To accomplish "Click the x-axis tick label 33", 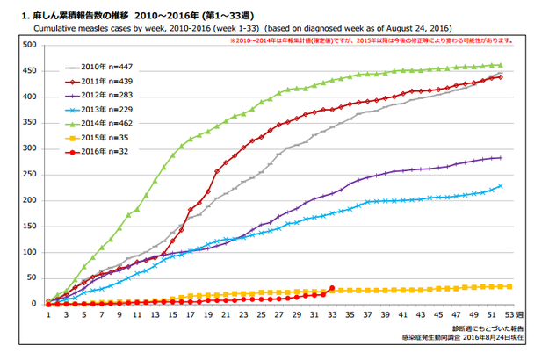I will coord(332,313).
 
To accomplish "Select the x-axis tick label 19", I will coord(207,313).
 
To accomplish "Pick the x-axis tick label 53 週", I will coord(513,313).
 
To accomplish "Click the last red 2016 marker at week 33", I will coord(332,288).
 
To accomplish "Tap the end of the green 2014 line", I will coord(500,65).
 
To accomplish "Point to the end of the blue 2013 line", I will coord(500,186).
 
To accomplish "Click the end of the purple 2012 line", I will coord(500,158).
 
